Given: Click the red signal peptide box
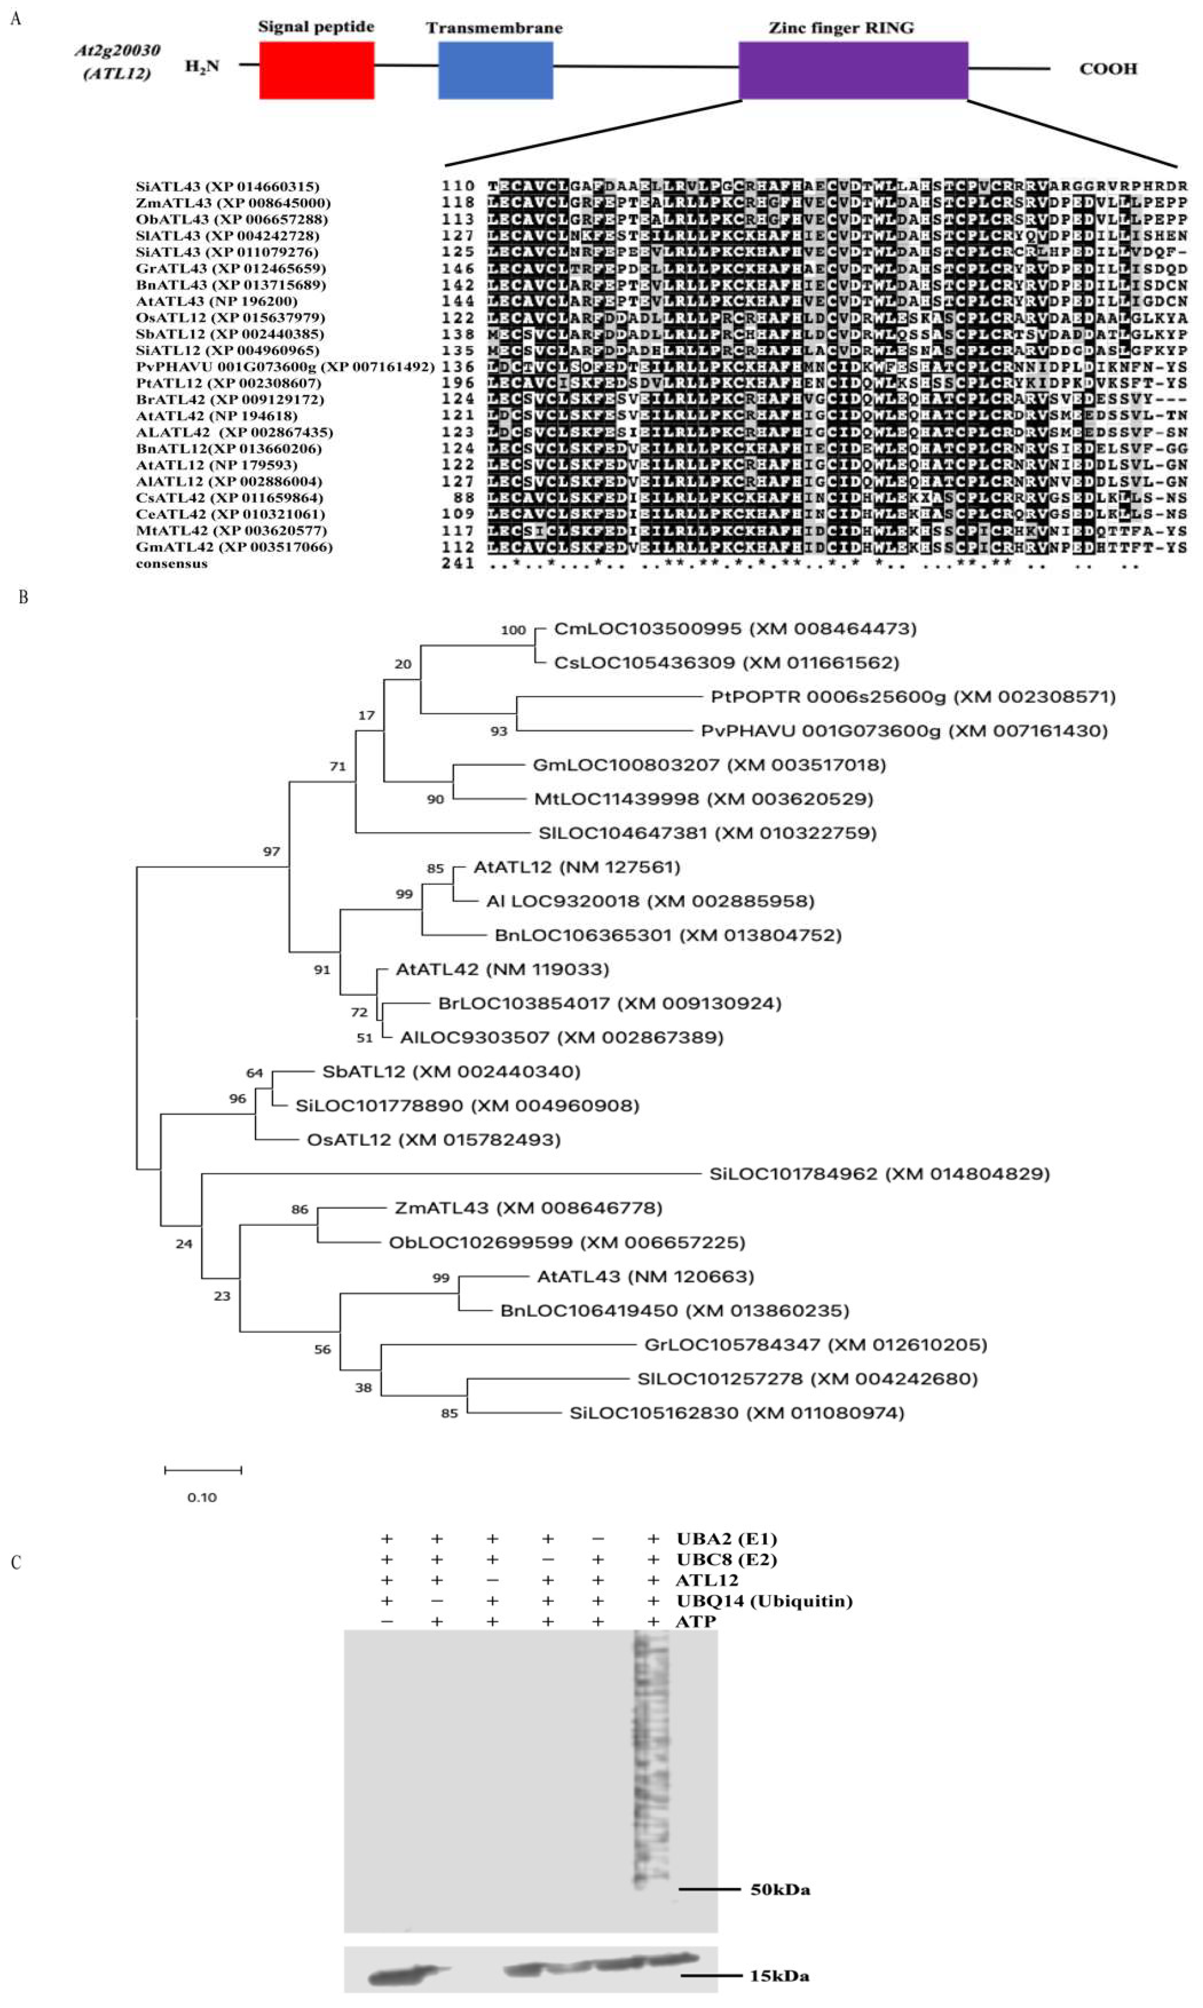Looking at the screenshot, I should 316,71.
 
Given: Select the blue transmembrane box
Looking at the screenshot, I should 495,71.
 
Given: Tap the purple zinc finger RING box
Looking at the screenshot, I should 853,71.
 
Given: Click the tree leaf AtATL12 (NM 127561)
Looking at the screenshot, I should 577,867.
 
